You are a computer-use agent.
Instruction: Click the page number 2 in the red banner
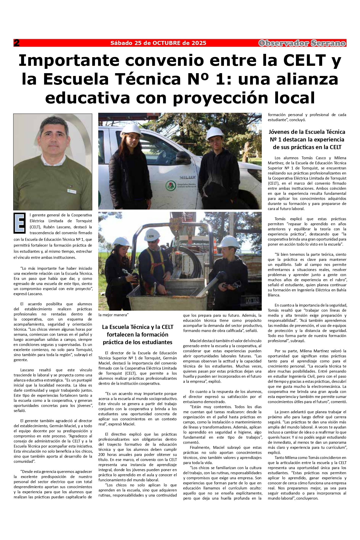(17, 43)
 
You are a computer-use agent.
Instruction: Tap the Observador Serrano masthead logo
(302, 43)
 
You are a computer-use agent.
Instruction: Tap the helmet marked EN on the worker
(150, 236)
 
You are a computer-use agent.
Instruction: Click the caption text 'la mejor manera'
(114, 315)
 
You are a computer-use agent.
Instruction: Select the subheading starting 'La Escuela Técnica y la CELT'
(138, 335)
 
